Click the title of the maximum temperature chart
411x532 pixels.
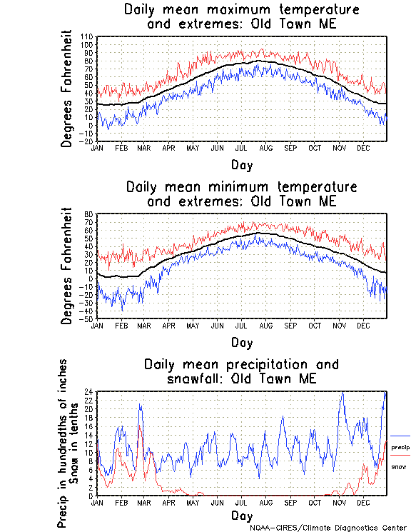(241, 16)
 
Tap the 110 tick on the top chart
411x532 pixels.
(88, 36)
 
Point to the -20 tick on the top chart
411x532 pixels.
(86, 141)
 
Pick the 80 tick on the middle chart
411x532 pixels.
(89, 214)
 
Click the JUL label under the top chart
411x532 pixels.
(241, 148)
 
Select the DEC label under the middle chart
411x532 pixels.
(362, 325)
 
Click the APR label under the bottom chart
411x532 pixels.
(168, 503)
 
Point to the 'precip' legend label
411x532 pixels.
(400, 447)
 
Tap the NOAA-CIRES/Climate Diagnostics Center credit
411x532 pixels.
(329, 528)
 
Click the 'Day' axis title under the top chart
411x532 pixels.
(241, 165)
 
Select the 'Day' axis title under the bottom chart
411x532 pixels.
(241, 516)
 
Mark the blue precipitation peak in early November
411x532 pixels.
(342, 393)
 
